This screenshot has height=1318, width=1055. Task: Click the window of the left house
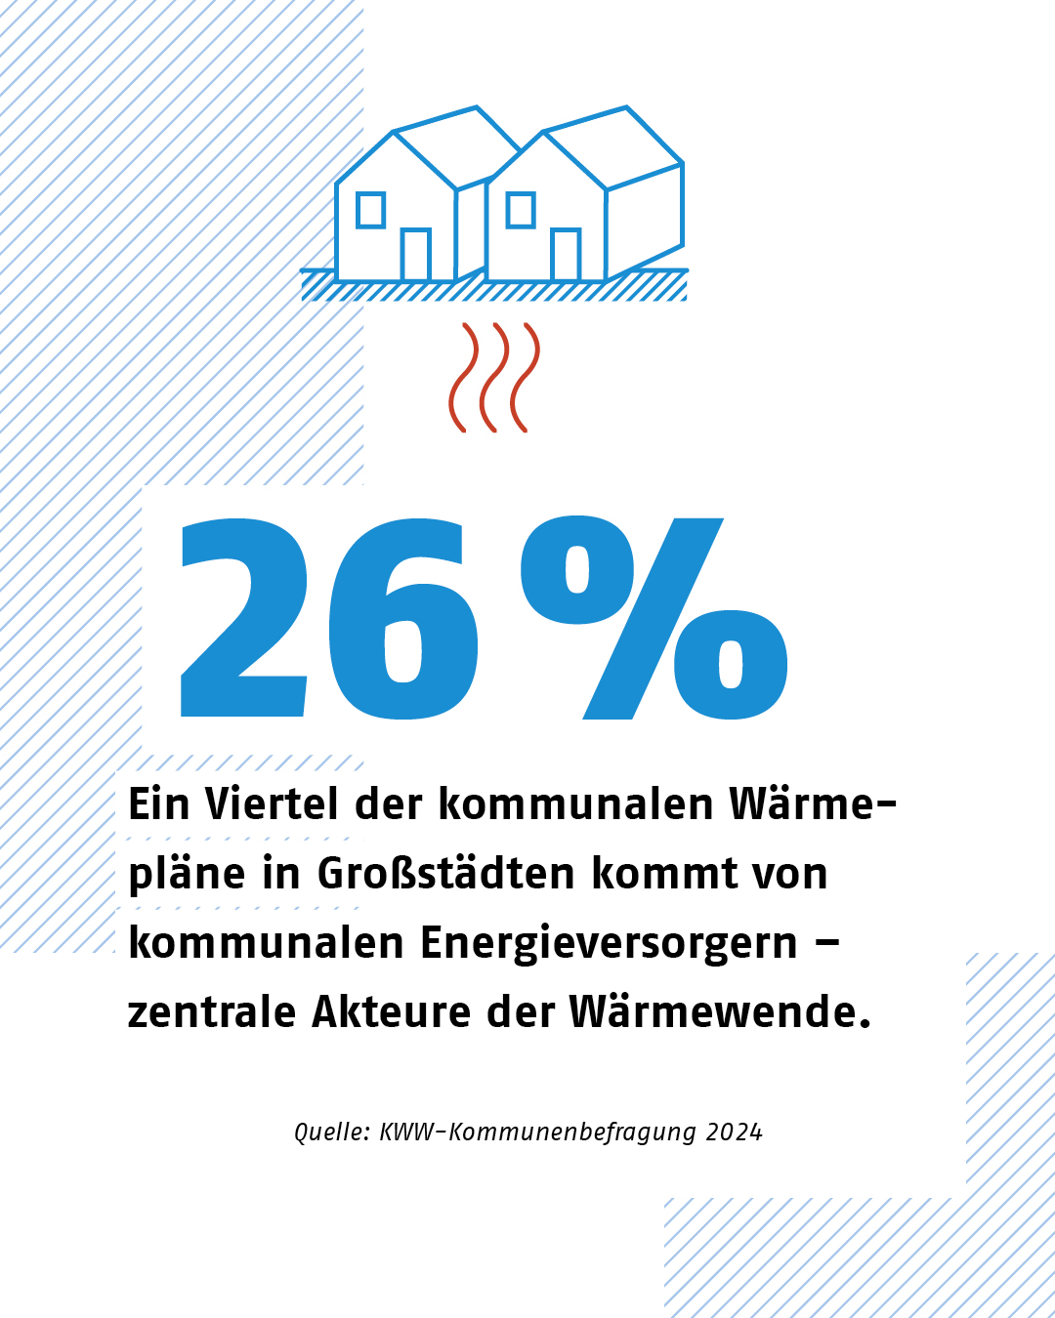tap(371, 210)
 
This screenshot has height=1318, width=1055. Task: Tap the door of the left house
tap(416, 255)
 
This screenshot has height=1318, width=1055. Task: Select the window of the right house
tap(521, 210)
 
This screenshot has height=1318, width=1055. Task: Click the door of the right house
tap(566, 255)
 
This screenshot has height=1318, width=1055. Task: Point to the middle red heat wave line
tap(495, 377)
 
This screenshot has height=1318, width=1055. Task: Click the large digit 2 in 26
tap(244, 620)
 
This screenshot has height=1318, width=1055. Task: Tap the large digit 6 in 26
tap(402, 620)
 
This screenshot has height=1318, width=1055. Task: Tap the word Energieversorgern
tap(609, 944)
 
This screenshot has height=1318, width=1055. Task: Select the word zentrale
tap(212, 1012)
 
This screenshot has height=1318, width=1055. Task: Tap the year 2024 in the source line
tap(735, 1133)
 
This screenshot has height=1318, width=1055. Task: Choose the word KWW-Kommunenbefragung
tap(538, 1133)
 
